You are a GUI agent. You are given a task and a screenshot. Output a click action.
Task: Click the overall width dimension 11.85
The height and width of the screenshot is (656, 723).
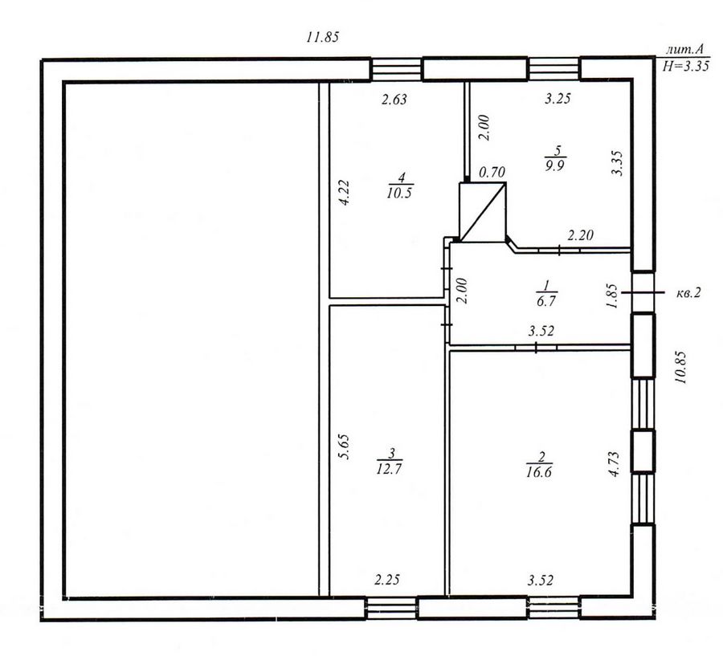tap(323, 37)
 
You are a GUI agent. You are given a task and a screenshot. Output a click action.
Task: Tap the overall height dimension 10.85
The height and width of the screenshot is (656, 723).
tap(681, 368)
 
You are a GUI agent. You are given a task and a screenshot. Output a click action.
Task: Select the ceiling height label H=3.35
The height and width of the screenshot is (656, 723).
tap(685, 66)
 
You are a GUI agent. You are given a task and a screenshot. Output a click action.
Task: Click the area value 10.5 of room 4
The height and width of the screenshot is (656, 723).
tap(399, 193)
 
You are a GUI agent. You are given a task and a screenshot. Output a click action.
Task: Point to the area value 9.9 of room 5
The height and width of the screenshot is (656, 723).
tap(554, 165)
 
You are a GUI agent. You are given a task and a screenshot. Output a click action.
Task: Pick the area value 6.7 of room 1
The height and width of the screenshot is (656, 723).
tap(546, 301)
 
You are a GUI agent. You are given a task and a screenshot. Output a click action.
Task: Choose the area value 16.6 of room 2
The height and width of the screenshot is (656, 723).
tap(539, 471)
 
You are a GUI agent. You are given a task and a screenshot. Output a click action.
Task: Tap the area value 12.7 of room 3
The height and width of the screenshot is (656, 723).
tap(390, 469)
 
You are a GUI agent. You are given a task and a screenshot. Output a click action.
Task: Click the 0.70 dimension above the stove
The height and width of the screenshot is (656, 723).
tap(492, 173)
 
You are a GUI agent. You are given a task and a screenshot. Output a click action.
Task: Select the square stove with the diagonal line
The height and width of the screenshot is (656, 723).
tap(483, 212)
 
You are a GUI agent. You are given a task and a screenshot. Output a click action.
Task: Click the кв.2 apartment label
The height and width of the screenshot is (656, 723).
tap(688, 292)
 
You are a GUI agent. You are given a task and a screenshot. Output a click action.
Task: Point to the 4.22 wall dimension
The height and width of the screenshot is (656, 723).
tap(345, 192)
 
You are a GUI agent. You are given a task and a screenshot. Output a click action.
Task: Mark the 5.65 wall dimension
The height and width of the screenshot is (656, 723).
tap(345, 446)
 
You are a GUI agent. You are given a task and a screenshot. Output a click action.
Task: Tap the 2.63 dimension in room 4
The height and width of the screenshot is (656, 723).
tap(394, 99)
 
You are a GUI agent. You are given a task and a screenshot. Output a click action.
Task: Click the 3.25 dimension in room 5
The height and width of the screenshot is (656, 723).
tap(558, 98)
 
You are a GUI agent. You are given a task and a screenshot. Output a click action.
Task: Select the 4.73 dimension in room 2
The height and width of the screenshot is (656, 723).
tap(615, 464)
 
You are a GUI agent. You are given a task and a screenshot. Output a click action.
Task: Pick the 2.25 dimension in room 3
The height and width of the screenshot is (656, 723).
tap(387, 580)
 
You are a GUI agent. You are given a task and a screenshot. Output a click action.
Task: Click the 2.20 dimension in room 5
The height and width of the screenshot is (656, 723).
tap(580, 235)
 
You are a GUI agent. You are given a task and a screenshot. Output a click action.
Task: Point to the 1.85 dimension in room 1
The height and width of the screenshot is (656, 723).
tap(612, 296)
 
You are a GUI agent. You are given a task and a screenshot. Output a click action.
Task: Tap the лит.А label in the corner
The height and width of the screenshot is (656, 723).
tap(685, 50)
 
